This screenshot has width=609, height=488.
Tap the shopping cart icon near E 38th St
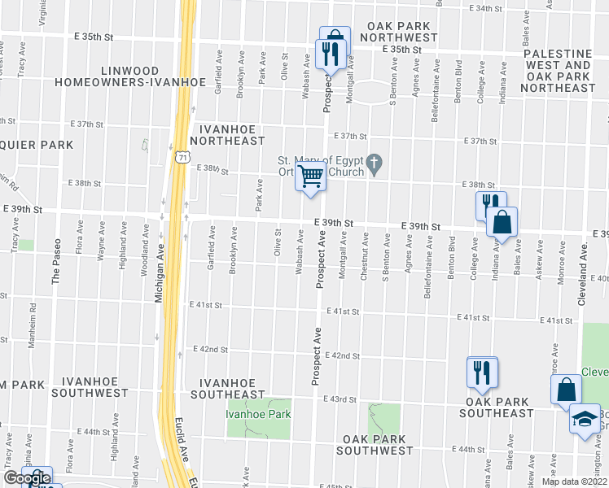click(310, 176)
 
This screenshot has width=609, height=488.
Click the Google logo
click(26, 478)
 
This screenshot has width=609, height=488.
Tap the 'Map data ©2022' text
click(573, 481)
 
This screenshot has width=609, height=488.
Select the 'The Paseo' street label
click(56, 264)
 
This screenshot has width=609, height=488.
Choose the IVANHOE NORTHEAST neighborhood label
click(233, 135)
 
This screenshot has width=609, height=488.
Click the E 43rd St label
click(341, 399)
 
